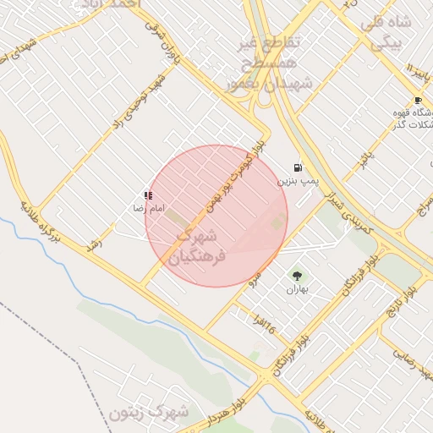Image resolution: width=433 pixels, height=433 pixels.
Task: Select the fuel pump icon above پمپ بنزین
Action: (298, 167)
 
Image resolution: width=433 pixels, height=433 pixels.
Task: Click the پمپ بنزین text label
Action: (293, 181)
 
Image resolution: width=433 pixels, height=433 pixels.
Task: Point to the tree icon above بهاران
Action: (297, 275)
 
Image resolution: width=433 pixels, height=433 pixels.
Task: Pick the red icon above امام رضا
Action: (149, 195)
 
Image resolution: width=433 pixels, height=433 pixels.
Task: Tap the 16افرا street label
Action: (264, 322)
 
